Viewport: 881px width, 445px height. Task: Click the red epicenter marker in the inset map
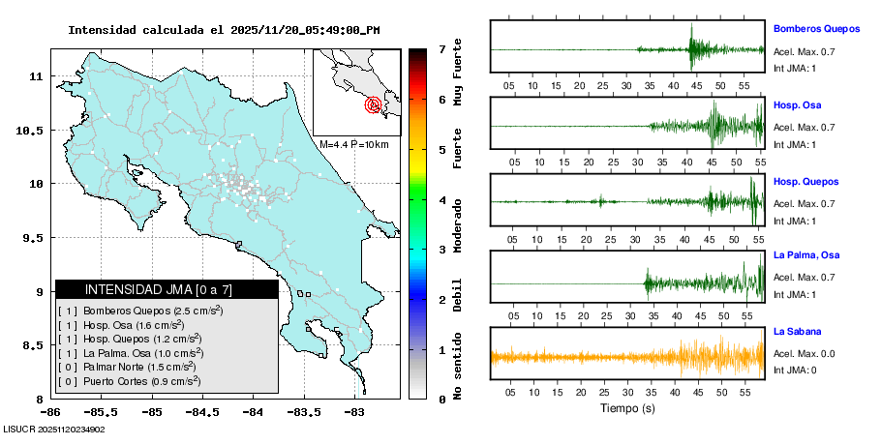tap(373, 104)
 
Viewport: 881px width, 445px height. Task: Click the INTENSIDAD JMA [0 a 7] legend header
tap(167, 289)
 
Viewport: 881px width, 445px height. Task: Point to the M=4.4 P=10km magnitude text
tap(353, 145)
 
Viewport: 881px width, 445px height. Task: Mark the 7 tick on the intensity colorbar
tap(441, 49)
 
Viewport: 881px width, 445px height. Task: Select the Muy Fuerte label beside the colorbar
tap(457, 75)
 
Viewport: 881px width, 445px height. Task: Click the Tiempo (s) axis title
tap(626, 409)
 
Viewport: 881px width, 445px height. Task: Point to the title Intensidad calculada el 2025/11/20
tap(224, 30)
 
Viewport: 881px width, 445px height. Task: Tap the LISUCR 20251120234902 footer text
tap(54, 429)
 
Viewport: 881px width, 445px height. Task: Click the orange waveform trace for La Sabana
tap(626, 356)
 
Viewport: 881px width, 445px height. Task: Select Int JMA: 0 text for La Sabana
tap(795, 371)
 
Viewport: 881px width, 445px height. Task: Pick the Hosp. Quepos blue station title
tap(805, 182)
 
